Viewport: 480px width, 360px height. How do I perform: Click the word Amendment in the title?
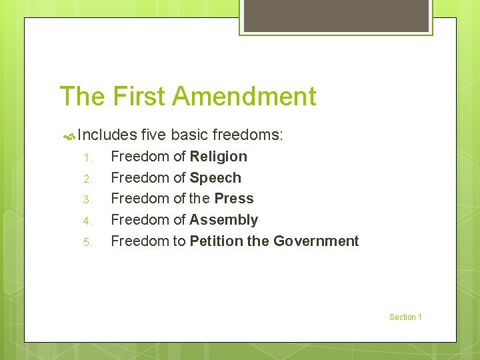point(244,97)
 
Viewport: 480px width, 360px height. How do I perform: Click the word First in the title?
point(139,97)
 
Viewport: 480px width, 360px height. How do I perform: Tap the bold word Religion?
point(219,157)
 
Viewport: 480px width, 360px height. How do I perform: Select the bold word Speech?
point(215,178)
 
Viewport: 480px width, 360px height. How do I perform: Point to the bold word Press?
point(234,199)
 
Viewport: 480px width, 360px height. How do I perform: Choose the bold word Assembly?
point(224,220)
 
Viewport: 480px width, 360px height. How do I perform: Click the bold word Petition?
point(217,241)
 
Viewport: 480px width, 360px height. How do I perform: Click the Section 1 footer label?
point(405,317)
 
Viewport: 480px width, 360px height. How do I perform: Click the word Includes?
point(107,135)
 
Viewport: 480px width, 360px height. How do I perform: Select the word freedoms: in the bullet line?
point(248,135)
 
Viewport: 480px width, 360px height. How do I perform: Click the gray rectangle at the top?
point(336,15)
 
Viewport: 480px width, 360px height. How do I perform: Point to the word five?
point(154,135)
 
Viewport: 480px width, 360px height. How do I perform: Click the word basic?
point(189,135)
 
